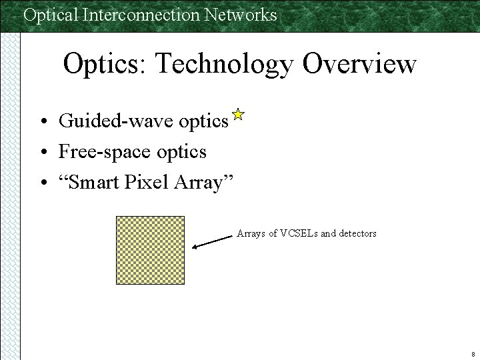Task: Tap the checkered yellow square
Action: click(150, 250)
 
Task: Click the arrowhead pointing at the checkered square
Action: click(195, 247)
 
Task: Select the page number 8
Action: click(472, 354)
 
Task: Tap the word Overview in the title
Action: click(359, 65)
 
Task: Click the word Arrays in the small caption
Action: click(251, 233)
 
